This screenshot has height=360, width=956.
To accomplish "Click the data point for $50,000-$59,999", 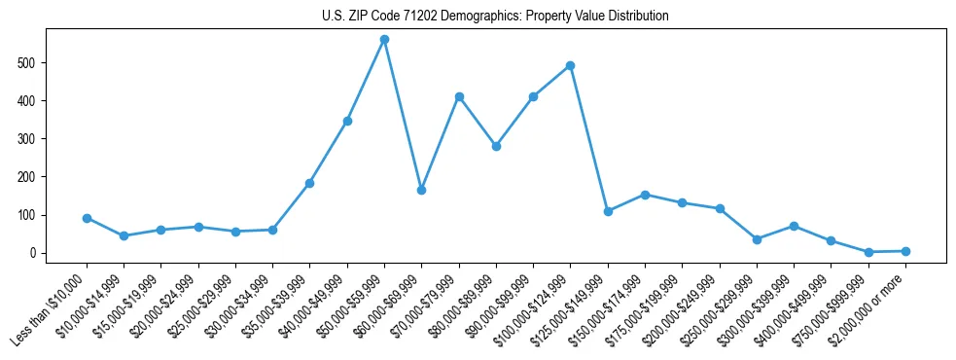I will click(x=384, y=40).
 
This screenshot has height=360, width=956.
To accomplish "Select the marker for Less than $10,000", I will click(x=87, y=218).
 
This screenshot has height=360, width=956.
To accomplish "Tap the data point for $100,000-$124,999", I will click(x=570, y=65).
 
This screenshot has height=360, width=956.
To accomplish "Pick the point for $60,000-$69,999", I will click(x=421, y=190).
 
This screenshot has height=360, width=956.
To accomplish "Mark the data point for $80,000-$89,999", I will click(x=496, y=146).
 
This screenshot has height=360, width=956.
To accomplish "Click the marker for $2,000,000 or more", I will click(x=905, y=251).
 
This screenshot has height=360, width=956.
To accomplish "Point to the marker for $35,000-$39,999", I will click(x=309, y=183).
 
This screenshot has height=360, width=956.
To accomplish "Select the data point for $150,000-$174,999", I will click(x=645, y=195).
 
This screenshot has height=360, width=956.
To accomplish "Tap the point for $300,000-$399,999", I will click(x=794, y=226).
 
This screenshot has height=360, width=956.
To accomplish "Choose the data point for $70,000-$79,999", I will click(x=459, y=96).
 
